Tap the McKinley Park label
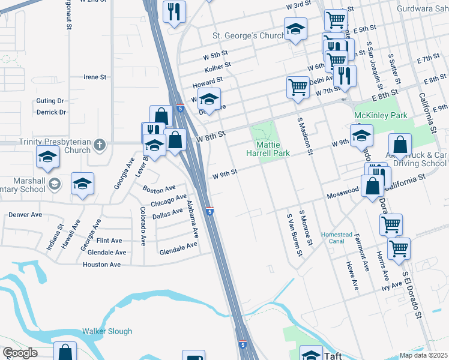(x=381, y=115)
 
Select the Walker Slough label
(x=107, y=331)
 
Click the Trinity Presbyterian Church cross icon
(x=100, y=145)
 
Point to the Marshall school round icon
(x=55, y=184)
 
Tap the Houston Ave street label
(x=101, y=264)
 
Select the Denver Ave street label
(x=25, y=214)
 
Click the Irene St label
(x=95, y=77)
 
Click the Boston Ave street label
(x=159, y=188)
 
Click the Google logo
(x=20, y=353)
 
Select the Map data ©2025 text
(x=423, y=355)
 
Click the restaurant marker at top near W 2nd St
(x=175, y=11)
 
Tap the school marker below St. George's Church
(x=295, y=29)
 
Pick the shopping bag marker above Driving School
(x=400, y=145)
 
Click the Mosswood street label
(x=342, y=195)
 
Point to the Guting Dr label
(x=50, y=101)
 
